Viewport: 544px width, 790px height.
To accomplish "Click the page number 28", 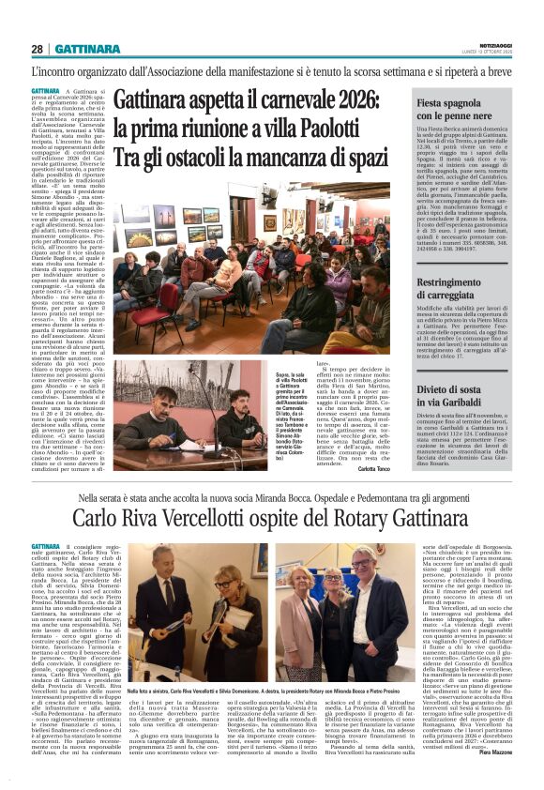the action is pyautogui.click(x=38, y=49).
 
